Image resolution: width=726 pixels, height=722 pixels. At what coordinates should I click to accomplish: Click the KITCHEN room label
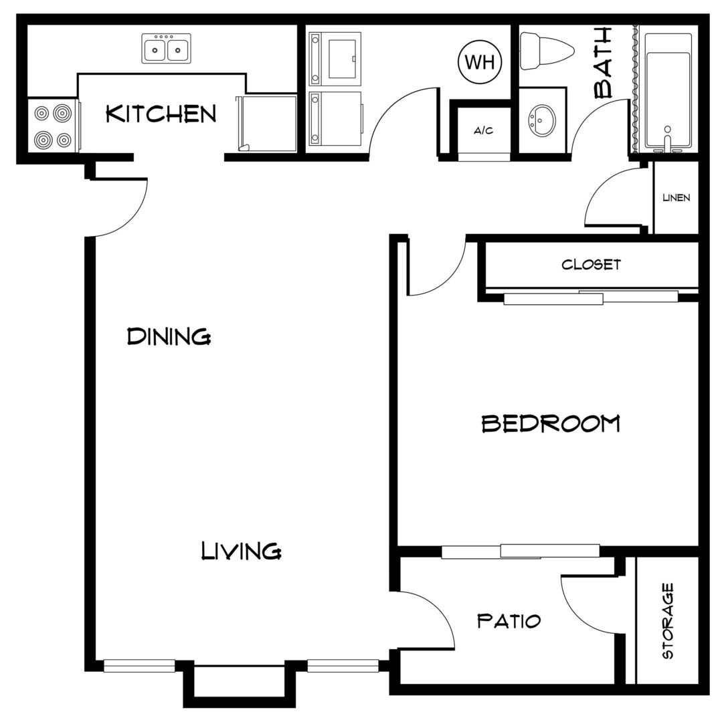coord(161,114)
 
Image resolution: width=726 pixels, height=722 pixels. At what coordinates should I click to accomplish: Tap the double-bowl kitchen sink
coord(166,48)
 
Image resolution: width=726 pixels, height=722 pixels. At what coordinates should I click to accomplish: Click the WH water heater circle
coord(480,62)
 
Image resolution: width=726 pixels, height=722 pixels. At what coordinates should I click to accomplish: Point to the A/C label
coord(483,130)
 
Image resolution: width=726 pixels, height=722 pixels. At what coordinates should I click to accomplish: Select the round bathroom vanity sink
coord(541,120)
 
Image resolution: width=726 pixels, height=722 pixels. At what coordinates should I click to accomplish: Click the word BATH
coord(603,63)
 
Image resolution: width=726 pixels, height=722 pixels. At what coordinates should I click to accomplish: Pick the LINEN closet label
coord(676,198)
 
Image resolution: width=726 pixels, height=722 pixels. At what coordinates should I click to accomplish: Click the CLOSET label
coord(591,264)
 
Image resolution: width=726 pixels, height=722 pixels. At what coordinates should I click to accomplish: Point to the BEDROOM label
coord(551,423)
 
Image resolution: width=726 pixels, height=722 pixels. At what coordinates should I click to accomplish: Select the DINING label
coord(169,336)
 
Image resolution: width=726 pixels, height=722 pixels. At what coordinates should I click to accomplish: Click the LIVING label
coord(242,551)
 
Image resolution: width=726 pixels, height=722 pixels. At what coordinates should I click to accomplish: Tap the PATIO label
coord(509,620)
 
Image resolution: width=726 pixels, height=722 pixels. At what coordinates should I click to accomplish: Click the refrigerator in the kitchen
coord(267,124)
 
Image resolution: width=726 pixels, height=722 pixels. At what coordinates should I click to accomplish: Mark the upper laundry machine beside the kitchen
coord(335,59)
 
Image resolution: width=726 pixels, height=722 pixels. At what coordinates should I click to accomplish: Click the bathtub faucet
coord(667,140)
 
